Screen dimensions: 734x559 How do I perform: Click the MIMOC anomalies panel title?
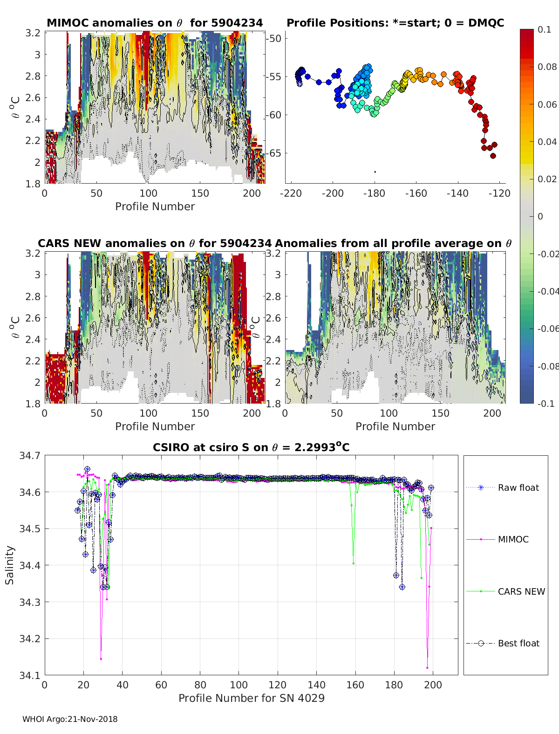(155, 23)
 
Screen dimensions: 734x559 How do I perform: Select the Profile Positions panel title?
(395, 23)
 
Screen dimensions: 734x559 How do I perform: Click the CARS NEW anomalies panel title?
(155, 243)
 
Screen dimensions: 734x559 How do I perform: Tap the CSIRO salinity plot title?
(251, 447)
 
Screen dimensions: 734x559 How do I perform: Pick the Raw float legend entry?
(518, 487)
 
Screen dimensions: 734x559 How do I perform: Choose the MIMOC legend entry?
(513, 539)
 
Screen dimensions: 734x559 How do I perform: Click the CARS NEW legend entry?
(521, 591)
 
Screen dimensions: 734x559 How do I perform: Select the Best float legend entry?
(518, 643)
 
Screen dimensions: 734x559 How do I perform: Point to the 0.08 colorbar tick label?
(547, 67)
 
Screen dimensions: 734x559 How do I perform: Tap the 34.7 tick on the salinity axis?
(30, 456)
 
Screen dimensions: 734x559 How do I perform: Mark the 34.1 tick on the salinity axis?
(30, 675)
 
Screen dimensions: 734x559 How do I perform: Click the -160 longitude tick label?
(416, 193)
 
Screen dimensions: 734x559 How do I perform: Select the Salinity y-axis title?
(10, 565)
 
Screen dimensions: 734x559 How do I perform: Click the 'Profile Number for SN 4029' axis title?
(251, 698)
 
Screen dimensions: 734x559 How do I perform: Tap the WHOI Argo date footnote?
(70, 719)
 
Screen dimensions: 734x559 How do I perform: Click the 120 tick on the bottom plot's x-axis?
(278, 685)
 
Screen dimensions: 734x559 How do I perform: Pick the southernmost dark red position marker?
(493, 156)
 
